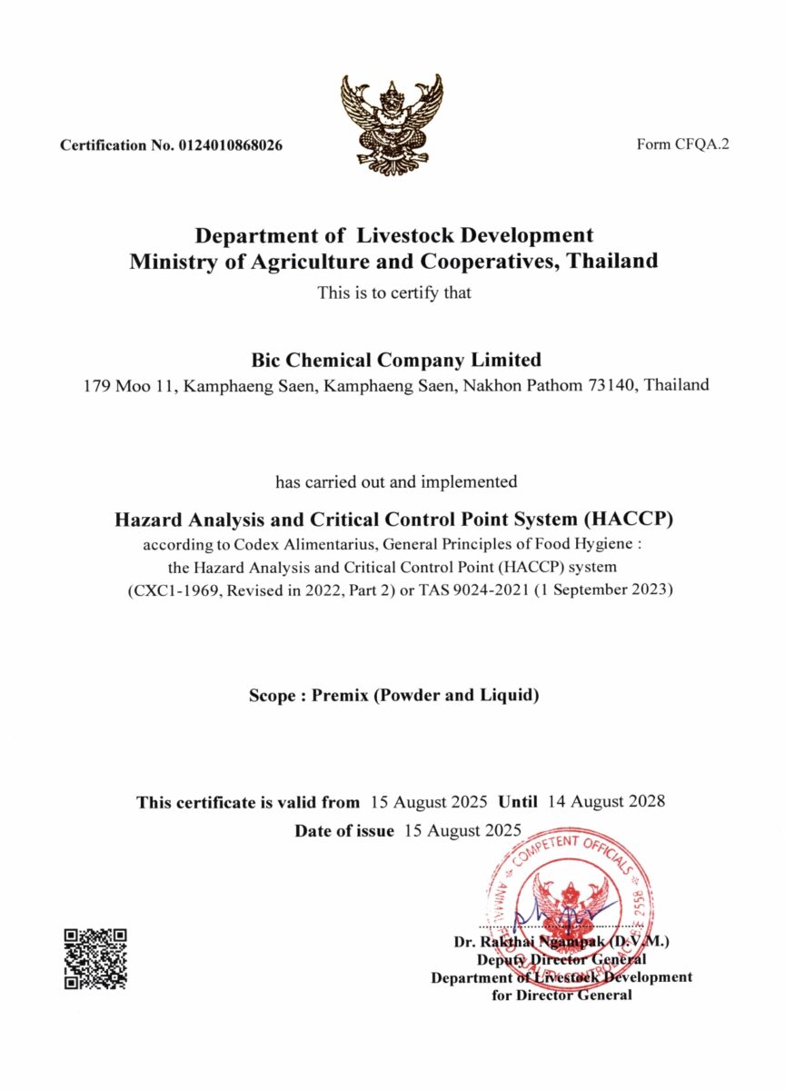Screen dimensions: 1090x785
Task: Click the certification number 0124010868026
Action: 231,145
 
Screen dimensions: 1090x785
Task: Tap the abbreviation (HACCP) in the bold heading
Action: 631,520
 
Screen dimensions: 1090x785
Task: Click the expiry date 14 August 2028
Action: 608,802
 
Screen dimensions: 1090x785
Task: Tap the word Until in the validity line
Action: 520,802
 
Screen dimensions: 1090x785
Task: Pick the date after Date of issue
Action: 462,830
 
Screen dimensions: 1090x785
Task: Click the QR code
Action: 94,958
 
